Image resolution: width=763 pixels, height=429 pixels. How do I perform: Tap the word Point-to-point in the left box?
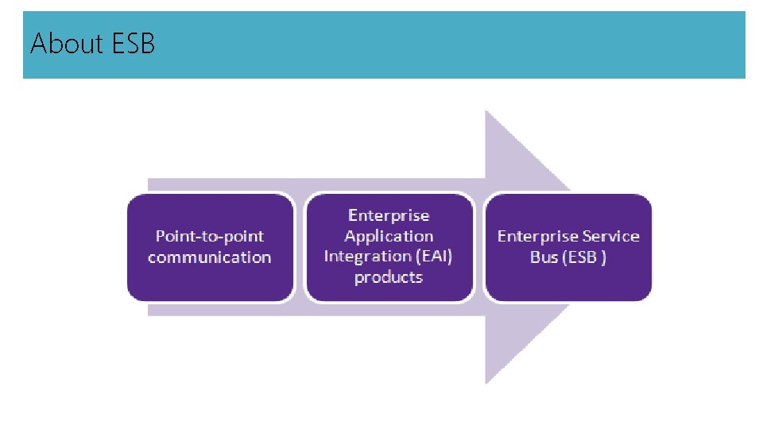click(210, 236)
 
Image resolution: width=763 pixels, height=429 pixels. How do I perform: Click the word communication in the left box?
click(210, 257)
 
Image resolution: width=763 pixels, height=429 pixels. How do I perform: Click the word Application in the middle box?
click(389, 236)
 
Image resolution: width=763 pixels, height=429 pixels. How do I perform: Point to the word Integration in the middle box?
click(366, 257)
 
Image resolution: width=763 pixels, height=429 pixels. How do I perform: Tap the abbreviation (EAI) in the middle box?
click(431, 257)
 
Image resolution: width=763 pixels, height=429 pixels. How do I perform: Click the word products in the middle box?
click(389, 277)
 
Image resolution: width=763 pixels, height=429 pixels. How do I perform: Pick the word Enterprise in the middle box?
click(389, 215)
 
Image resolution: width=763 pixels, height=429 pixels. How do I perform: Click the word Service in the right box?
click(610, 236)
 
